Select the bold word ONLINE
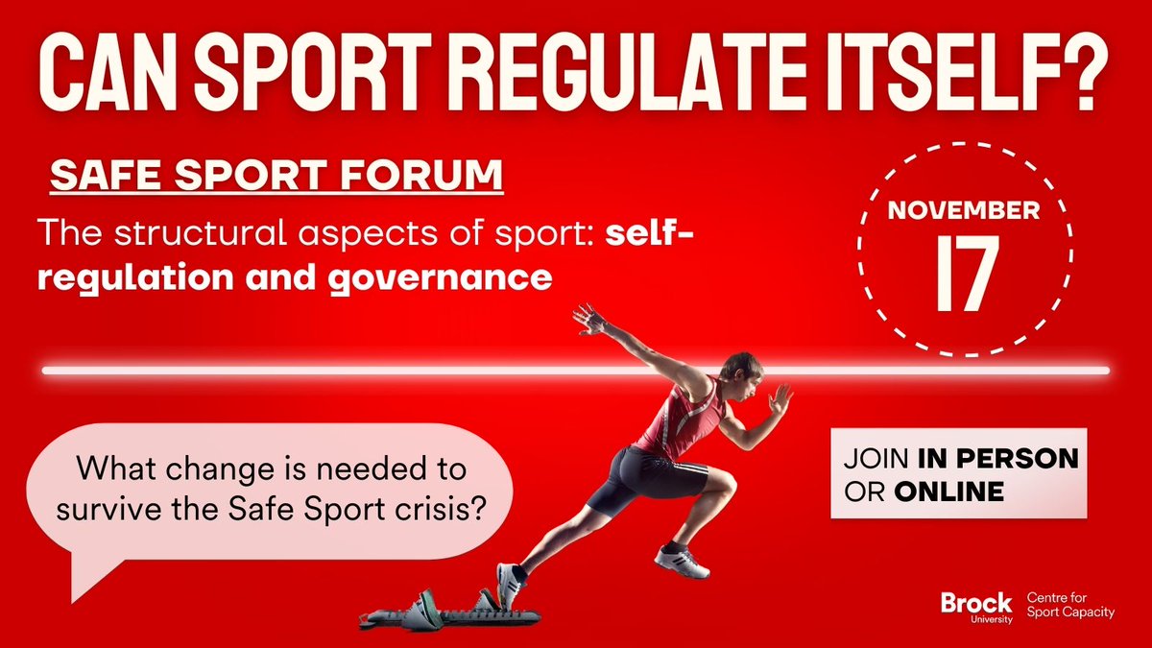[950, 492]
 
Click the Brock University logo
[976, 608]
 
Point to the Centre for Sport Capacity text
[1070, 606]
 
